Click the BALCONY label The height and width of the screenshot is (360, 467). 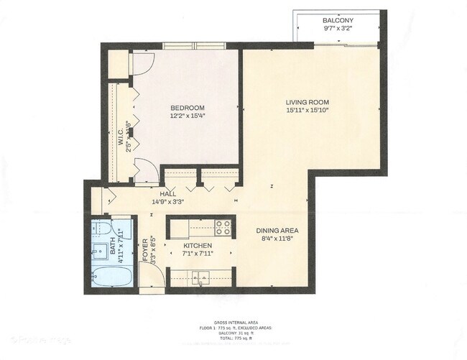pyautogui.click(x=337, y=20)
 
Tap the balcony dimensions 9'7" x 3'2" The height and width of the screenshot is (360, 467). pyautogui.click(x=337, y=29)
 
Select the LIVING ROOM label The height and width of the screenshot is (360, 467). pyautogui.click(x=306, y=102)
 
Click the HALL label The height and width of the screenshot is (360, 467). pyautogui.click(x=169, y=193)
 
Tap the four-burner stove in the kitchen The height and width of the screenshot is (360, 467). pyautogui.click(x=223, y=228)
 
